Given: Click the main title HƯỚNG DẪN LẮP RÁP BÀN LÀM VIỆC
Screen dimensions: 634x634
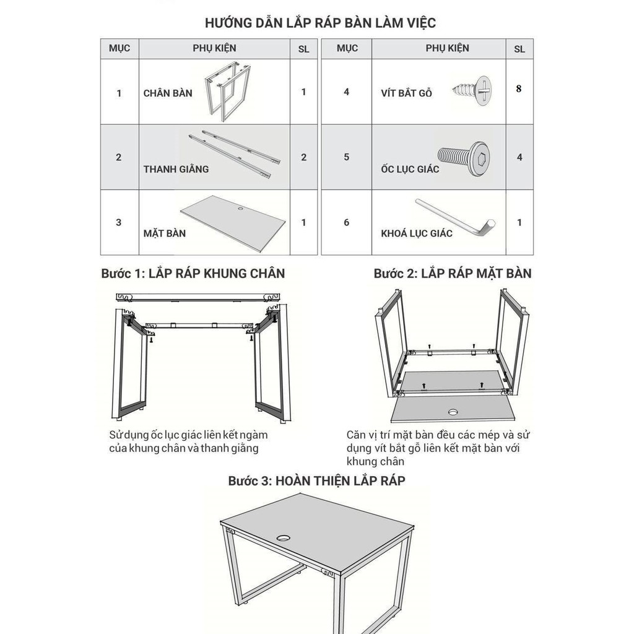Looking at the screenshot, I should pyautogui.click(x=321, y=24).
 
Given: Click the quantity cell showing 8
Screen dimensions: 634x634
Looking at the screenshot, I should pyautogui.click(x=519, y=89).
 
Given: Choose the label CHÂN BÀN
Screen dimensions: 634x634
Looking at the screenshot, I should pyautogui.click(x=168, y=93).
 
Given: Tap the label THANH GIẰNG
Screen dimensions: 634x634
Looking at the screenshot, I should pyautogui.click(x=176, y=169).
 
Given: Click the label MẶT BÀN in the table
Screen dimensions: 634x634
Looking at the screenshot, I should pyautogui.click(x=164, y=233).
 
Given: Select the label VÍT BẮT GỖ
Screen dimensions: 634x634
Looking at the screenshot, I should pyautogui.click(x=406, y=93).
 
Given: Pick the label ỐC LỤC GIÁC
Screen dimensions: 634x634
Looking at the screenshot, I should pyautogui.click(x=410, y=169).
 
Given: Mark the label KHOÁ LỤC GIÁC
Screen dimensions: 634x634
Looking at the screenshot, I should pyautogui.click(x=417, y=233).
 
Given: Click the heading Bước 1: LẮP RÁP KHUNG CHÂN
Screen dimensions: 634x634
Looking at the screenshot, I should pyautogui.click(x=193, y=273).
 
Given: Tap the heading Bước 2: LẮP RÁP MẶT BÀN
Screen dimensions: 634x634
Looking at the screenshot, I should pyautogui.click(x=453, y=273).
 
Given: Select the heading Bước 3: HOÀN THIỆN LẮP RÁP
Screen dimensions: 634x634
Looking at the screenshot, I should pyautogui.click(x=316, y=480).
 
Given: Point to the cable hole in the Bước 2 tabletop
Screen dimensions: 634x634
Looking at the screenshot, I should pyautogui.click(x=453, y=410).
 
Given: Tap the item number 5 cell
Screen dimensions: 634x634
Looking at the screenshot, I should pyautogui.click(x=346, y=157).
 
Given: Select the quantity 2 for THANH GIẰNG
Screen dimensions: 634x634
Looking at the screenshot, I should pyautogui.click(x=303, y=157).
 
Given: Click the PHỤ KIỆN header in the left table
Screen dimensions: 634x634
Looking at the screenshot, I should pyautogui.click(x=214, y=48).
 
